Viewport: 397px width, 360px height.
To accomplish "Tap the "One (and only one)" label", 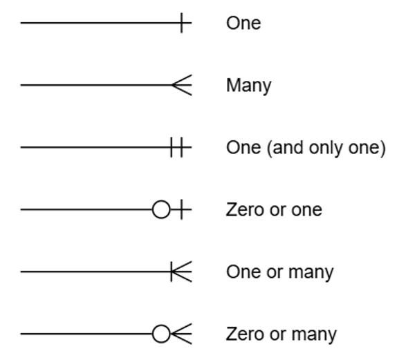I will [x=305, y=148].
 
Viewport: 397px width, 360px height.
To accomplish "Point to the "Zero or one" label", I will [x=274, y=209].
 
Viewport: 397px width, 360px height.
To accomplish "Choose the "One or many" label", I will [x=279, y=272].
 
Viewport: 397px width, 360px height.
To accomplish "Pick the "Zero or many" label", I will [x=281, y=334].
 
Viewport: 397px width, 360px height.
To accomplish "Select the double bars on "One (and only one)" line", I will [x=177, y=147].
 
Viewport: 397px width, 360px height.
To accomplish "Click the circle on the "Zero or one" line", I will [x=161, y=209].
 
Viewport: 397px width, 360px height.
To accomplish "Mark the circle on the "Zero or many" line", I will [x=161, y=334].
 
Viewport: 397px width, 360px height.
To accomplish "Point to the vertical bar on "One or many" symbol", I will [x=172, y=272].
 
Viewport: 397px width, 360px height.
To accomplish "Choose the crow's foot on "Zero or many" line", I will [x=183, y=334].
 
